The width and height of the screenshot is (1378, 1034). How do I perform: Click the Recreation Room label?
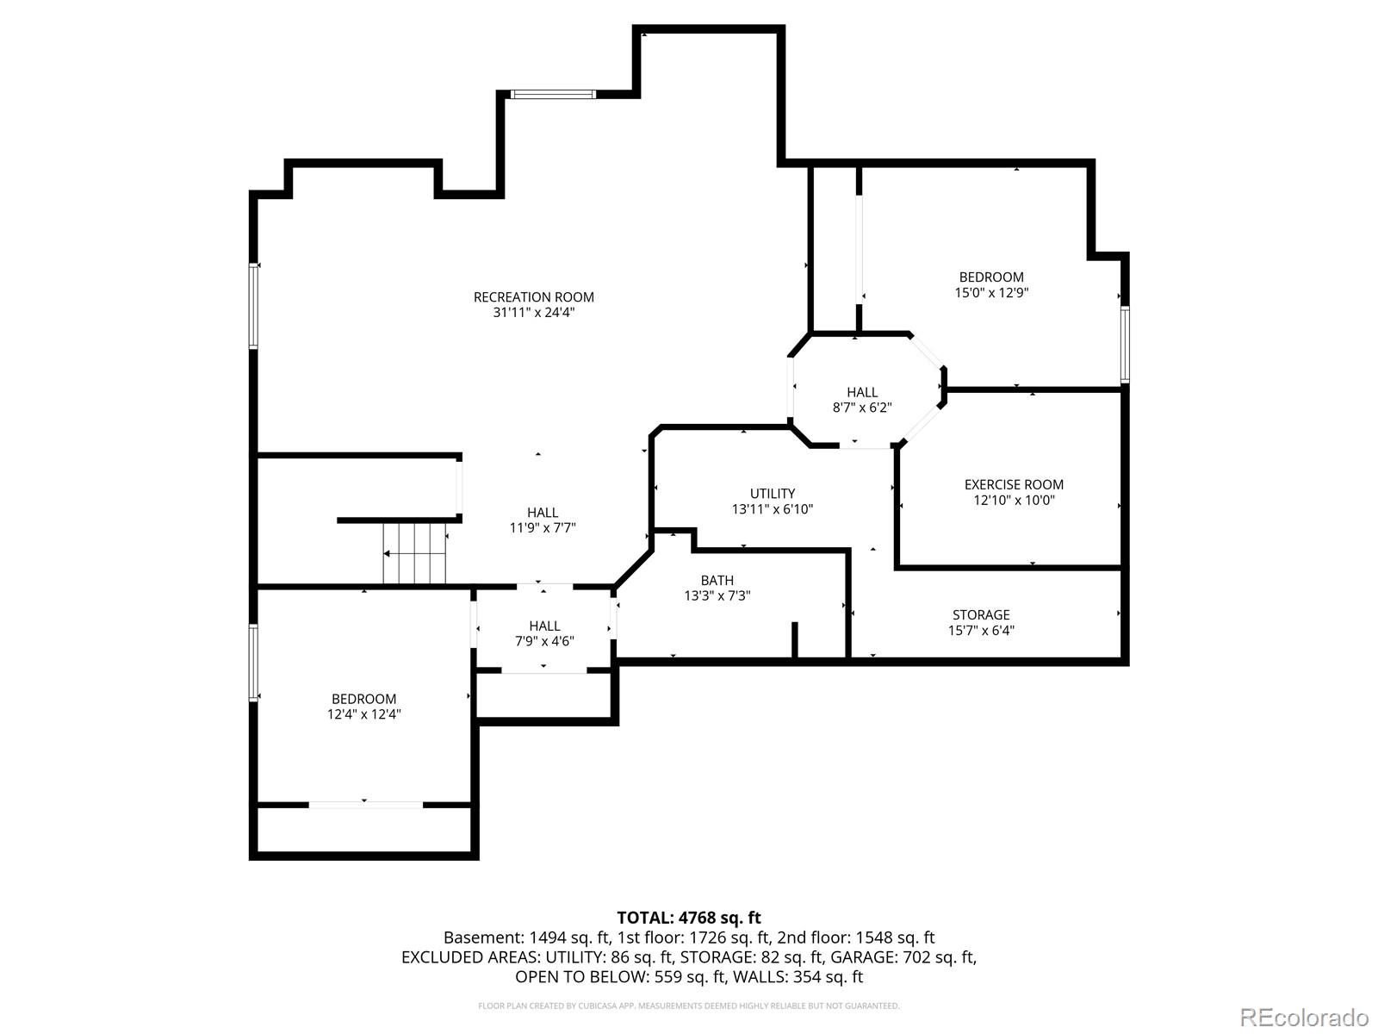pos(533,297)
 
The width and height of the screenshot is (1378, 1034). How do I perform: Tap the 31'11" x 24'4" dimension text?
pos(533,313)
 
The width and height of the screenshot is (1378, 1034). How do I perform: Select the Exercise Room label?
pos(1014,484)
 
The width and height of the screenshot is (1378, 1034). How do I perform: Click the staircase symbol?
pos(415,553)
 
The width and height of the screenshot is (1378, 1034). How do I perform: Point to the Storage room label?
pos(981,614)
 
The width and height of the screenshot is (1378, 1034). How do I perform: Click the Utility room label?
pos(773,494)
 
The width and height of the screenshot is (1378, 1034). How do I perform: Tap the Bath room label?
pos(717,580)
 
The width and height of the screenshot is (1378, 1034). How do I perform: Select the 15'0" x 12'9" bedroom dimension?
pos(991,292)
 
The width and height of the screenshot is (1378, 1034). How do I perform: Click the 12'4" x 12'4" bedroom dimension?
pos(363,714)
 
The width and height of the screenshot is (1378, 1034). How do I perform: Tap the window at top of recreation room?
pos(552,94)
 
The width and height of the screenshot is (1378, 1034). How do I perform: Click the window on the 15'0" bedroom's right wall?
pos(1125,345)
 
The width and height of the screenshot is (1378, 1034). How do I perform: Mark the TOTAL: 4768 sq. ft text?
pos(688,918)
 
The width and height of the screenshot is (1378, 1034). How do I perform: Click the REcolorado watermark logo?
pos(1304,1017)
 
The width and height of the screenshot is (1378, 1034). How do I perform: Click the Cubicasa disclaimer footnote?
pos(688,1006)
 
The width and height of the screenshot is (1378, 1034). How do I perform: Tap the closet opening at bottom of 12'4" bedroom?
pos(365,805)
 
